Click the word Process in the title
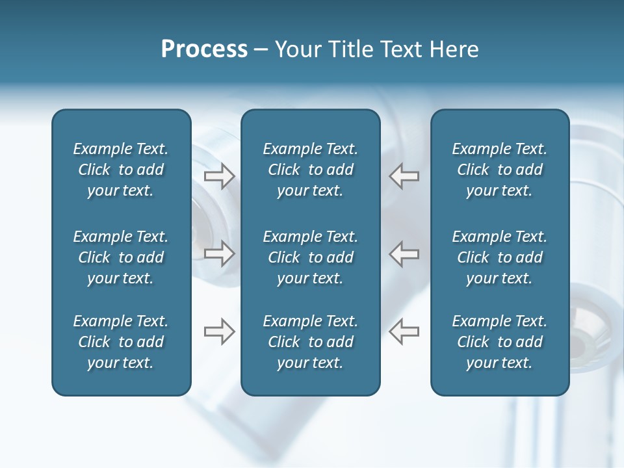point(204,49)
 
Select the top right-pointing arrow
point(220,176)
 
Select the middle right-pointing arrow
point(220,253)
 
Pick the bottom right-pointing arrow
point(220,331)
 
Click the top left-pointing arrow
point(404,176)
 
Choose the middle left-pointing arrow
point(404,253)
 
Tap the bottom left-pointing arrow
point(404,331)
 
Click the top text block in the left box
point(121,170)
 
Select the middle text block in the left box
point(121,257)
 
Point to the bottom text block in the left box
point(121,342)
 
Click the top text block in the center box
point(311,170)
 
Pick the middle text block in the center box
point(311,257)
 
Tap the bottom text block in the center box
point(311,342)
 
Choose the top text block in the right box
point(500,170)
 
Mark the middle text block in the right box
point(500,257)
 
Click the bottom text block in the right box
point(500,342)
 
